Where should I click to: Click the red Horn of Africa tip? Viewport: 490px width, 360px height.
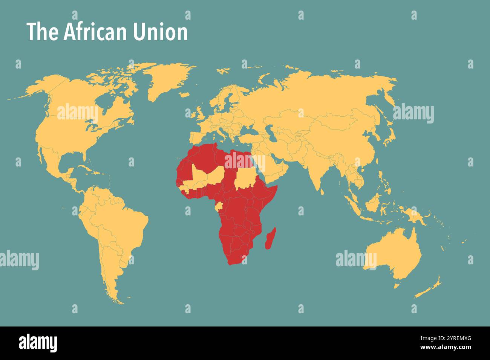click(276, 186)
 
